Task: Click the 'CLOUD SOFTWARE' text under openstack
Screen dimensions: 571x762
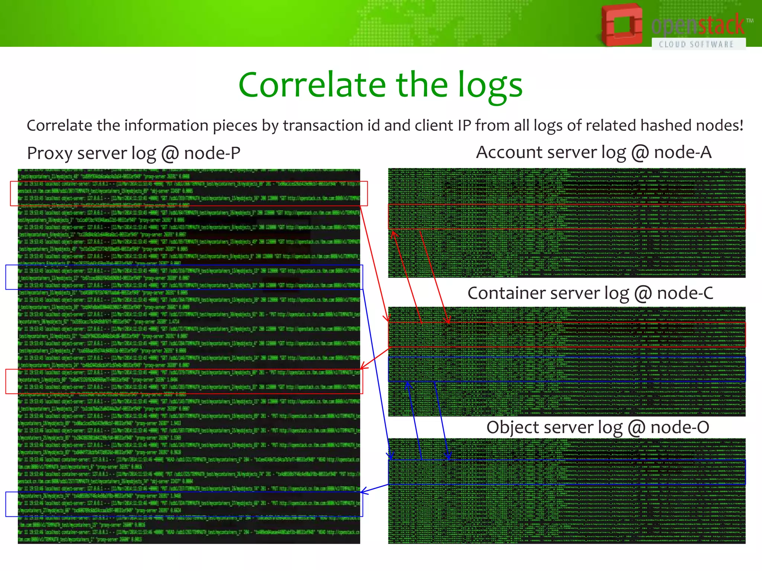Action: tap(696, 45)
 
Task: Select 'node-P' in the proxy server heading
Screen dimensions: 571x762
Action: tap(212, 153)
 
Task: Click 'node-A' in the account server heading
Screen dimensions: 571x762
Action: tap(682, 152)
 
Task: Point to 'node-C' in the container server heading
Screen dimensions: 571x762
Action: tap(685, 293)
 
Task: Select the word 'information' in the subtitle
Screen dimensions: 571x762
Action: tap(166, 126)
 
